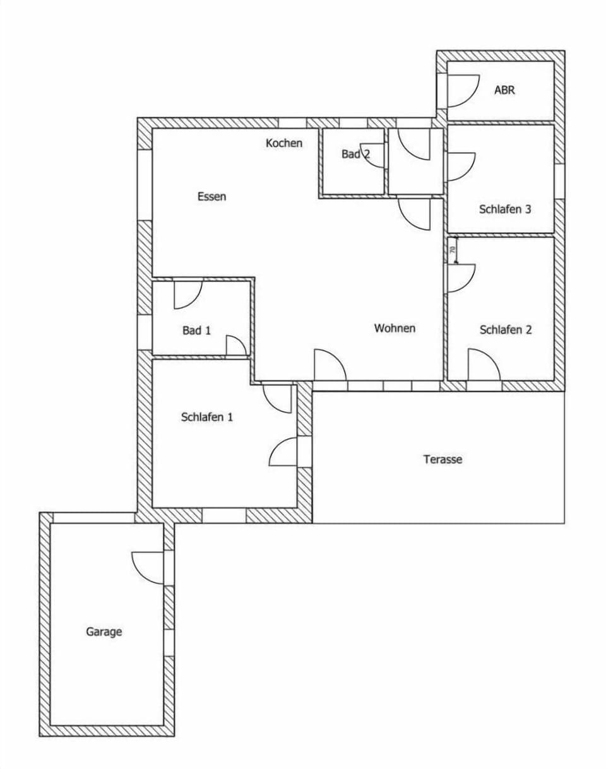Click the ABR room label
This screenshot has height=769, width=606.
(x=504, y=90)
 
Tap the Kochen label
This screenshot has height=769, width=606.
(x=284, y=143)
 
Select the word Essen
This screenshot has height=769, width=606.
(x=211, y=196)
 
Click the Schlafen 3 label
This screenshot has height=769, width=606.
(x=505, y=209)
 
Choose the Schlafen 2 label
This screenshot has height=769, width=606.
(x=506, y=329)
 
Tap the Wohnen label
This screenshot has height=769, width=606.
(x=395, y=328)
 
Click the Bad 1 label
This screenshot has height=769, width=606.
(x=196, y=330)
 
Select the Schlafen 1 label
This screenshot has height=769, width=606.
(x=207, y=417)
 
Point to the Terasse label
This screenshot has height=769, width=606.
(x=443, y=459)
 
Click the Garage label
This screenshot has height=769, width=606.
(x=104, y=631)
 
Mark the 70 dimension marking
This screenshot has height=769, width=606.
(x=453, y=250)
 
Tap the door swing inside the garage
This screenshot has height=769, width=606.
(x=149, y=566)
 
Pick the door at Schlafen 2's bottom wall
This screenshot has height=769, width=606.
(x=483, y=367)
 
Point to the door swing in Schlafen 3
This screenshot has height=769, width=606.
(x=460, y=167)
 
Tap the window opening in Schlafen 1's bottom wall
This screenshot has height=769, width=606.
(x=223, y=515)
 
